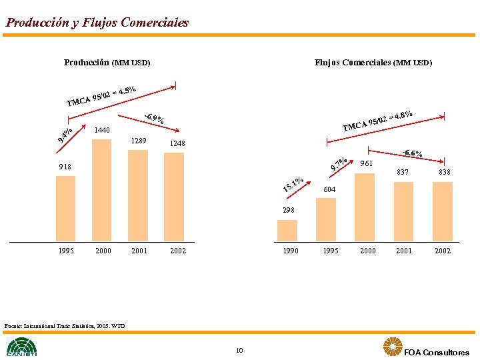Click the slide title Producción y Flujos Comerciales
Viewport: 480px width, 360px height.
(97, 23)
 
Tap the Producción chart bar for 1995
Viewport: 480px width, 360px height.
(66, 208)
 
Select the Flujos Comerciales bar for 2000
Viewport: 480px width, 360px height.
(365, 206)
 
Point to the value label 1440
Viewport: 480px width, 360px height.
(102, 129)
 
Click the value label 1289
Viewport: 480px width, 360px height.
(139, 141)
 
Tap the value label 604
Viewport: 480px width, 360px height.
(329, 190)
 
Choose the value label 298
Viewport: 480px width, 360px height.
(288, 211)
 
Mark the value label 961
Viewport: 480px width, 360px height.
(366, 163)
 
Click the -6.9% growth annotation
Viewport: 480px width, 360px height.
(155, 120)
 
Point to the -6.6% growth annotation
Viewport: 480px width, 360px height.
(411, 154)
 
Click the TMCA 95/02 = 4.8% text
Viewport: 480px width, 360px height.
(377, 121)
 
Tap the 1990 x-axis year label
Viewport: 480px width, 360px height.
(291, 251)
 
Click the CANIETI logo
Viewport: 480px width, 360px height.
(22, 347)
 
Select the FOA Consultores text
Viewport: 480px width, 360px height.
(437, 352)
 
